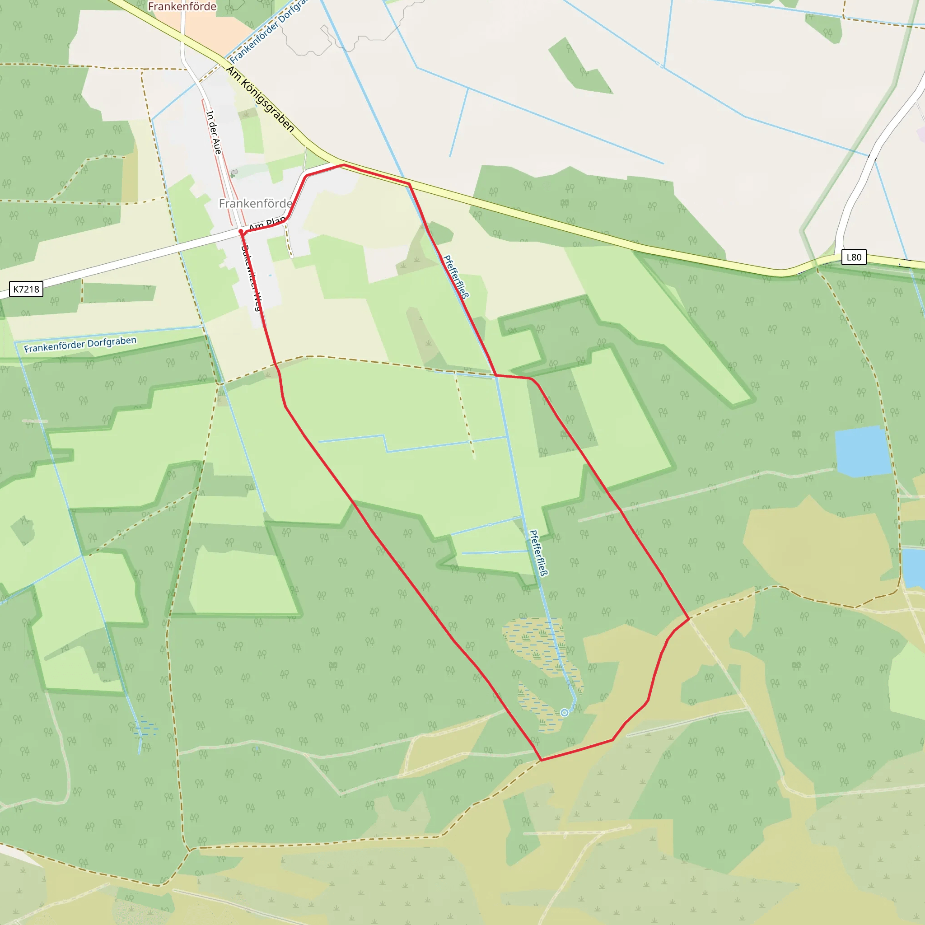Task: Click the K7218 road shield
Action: click(x=26, y=289)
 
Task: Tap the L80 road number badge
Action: click(x=854, y=257)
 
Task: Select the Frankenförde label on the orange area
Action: click(x=182, y=7)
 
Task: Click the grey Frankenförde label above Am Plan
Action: click(x=255, y=204)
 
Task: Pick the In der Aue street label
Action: click(x=214, y=132)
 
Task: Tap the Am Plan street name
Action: click(x=266, y=224)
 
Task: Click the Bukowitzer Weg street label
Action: click(x=252, y=278)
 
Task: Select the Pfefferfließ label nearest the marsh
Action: click(x=539, y=552)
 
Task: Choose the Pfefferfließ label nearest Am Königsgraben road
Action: click(x=456, y=276)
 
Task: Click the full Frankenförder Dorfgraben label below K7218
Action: click(x=80, y=344)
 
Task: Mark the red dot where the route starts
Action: click(x=241, y=232)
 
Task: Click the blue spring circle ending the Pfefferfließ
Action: click(x=565, y=713)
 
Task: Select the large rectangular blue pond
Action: click(x=862, y=452)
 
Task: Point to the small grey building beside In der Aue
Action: click(x=234, y=173)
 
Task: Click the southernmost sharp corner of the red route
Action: click(x=541, y=760)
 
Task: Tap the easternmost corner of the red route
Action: click(x=689, y=619)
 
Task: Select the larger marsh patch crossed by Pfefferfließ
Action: click(x=534, y=641)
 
